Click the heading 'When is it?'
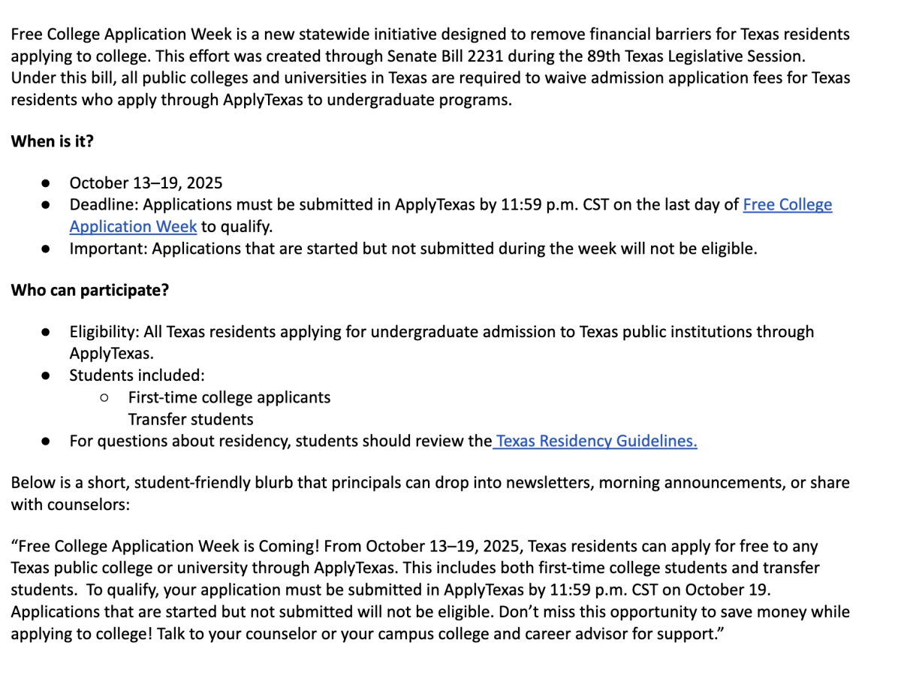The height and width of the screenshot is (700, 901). (52, 141)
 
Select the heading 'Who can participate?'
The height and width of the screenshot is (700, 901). (89, 290)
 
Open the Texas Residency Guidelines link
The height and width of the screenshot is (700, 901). (596, 441)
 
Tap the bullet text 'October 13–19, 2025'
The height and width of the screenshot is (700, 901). (146, 183)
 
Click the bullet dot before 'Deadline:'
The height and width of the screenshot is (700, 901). (46, 205)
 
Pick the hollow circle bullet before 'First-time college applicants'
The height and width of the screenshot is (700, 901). (104, 397)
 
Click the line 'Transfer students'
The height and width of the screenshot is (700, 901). (191, 419)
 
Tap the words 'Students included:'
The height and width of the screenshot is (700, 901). (137, 376)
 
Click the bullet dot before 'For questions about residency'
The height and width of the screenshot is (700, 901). (46, 442)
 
